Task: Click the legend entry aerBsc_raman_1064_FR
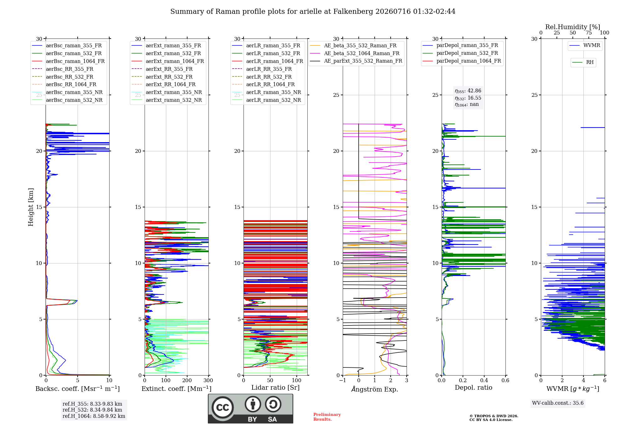tap(68, 61)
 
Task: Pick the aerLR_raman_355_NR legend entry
tap(266, 92)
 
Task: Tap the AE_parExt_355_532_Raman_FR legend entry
tap(356, 61)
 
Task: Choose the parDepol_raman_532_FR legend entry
tap(460, 53)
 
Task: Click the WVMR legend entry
tap(585, 45)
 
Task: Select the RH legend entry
tap(583, 62)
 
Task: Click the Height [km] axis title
tap(31, 207)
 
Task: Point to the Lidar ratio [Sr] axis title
tap(275, 387)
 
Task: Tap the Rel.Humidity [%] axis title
tap(573, 27)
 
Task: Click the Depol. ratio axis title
tap(474, 387)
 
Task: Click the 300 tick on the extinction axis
tap(208, 381)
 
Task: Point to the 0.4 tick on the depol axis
tap(484, 381)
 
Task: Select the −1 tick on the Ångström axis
tap(343, 381)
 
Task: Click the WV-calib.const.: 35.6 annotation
tap(558, 403)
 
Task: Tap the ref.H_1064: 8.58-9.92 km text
tap(94, 416)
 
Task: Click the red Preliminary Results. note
tap(327, 417)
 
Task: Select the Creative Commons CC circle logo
tap(223, 407)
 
